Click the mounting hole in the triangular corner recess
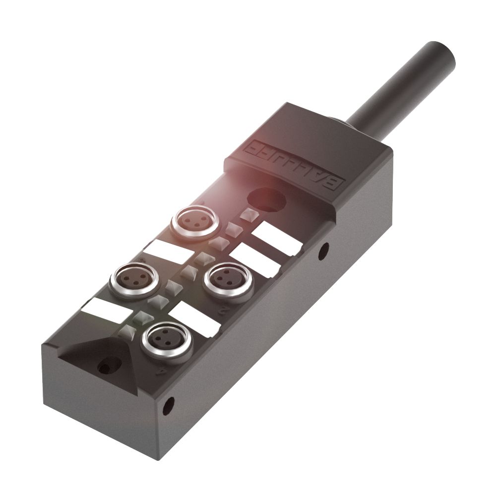click(106, 368)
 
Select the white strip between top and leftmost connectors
click(164, 250)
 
